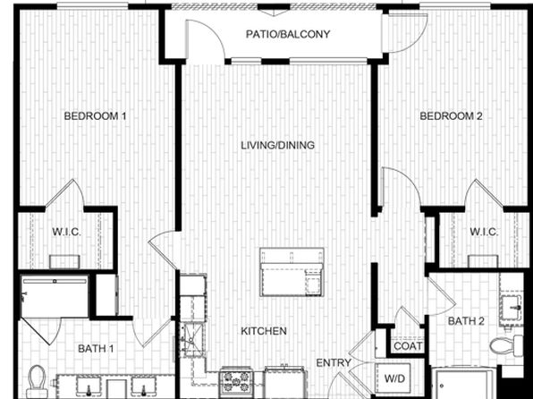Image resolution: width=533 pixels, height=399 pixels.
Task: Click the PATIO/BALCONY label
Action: [x=288, y=34]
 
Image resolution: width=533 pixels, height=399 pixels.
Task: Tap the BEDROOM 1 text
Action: [x=95, y=116]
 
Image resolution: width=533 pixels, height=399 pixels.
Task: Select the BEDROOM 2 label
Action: [x=451, y=116]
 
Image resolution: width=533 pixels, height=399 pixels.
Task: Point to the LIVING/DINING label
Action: [x=278, y=146]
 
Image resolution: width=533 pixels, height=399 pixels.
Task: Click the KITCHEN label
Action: [x=264, y=331]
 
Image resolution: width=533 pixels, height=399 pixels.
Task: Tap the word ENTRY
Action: [x=334, y=363]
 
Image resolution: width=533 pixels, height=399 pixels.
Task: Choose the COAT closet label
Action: [x=408, y=346]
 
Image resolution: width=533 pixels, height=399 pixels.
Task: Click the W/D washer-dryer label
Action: [x=395, y=378]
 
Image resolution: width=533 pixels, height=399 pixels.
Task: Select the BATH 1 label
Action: [x=96, y=349]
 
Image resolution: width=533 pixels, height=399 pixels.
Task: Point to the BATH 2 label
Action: [x=466, y=321]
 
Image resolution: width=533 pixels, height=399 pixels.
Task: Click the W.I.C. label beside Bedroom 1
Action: [x=66, y=232]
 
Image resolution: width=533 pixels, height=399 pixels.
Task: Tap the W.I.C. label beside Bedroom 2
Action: [x=484, y=232]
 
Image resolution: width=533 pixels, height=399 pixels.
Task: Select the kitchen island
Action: [x=292, y=272]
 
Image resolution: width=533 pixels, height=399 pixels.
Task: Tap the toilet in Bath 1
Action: [x=37, y=382]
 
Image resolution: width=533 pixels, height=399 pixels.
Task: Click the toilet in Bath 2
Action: [x=506, y=346]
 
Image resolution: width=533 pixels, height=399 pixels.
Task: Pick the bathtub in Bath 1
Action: [x=55, y=296]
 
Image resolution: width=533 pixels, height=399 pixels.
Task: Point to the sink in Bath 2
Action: [x=512, y=308]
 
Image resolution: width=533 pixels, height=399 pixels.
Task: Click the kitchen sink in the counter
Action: [x=192, y=339]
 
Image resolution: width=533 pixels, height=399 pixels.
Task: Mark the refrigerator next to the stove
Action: [x=284, y=382]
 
